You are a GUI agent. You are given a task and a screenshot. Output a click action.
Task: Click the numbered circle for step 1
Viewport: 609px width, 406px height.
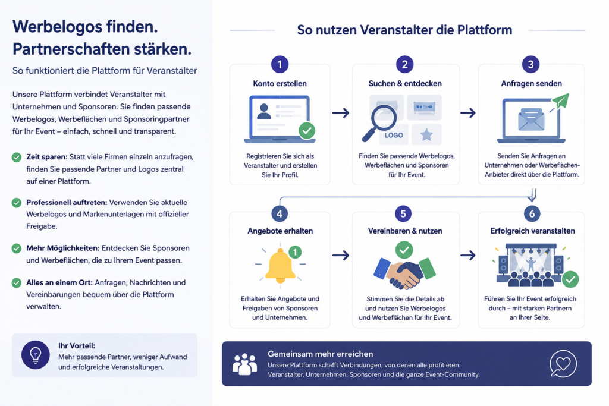click(x=280, y=64)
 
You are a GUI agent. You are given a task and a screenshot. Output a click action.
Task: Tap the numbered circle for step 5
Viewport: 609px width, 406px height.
click(x=403, y=213)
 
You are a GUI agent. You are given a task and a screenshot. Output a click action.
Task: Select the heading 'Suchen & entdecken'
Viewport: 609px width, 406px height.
click(x=404, y=83)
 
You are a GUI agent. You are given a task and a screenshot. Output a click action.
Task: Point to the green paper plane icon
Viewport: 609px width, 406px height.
click(x=560, y=101)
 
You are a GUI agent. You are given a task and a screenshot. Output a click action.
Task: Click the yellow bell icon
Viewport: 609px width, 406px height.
click(x=280, y=265)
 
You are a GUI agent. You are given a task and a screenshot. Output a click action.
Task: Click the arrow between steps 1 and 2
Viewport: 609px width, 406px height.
click(x=341, y=113)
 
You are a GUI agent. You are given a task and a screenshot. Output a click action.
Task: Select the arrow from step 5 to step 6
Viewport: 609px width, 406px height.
click(x=467, y=256)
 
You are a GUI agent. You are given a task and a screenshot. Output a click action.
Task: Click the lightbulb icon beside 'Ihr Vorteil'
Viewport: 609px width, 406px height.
click(x=35, y=355)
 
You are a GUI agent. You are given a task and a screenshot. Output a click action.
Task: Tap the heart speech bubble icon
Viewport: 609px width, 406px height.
click(x=563, y=364)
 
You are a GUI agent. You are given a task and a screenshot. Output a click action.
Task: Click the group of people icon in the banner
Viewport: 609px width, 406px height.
click(x=244, y=364)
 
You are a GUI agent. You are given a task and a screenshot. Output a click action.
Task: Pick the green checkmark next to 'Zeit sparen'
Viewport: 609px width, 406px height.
click(x=16, y=157)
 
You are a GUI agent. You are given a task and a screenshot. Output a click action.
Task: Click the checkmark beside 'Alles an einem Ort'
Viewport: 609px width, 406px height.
click(x=16, y=282)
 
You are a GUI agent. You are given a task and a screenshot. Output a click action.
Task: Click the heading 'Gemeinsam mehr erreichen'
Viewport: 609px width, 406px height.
click(x=321, y=354)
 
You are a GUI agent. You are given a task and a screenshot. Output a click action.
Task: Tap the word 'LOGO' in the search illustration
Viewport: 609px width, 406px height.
click(x=394, y=135)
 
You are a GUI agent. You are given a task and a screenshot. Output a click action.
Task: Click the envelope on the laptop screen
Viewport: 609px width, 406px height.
click(x=531, y=119)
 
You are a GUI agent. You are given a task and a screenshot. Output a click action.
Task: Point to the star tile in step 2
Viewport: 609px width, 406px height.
click(x=426, y=134)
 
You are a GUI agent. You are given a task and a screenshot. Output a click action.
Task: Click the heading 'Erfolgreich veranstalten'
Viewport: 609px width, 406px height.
click(x=532, y=231)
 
